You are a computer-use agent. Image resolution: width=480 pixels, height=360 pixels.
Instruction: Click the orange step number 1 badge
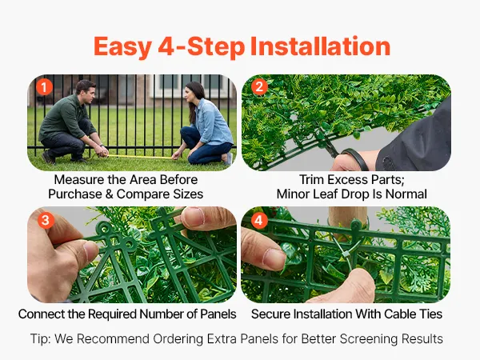(44, 87)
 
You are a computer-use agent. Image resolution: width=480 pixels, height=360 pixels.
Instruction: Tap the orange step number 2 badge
(259, 87)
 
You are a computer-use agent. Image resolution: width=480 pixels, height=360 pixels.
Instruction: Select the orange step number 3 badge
(46, 220)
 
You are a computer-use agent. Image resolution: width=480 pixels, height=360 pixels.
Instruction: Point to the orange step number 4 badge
(259, 220)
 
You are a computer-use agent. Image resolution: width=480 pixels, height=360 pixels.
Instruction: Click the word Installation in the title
(320, 46)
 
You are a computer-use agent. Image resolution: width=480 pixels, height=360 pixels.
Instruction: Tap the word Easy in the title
(122, 47)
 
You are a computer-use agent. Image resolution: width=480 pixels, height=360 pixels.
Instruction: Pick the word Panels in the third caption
(218, 314)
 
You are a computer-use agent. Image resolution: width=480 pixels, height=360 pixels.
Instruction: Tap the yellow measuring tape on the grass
(138, 157)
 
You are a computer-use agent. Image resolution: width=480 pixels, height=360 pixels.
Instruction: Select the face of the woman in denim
(190, 97)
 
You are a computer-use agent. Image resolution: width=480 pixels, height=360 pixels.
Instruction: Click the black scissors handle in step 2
(355, 158)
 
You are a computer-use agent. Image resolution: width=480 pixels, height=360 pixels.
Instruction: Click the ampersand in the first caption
(110, 194)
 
